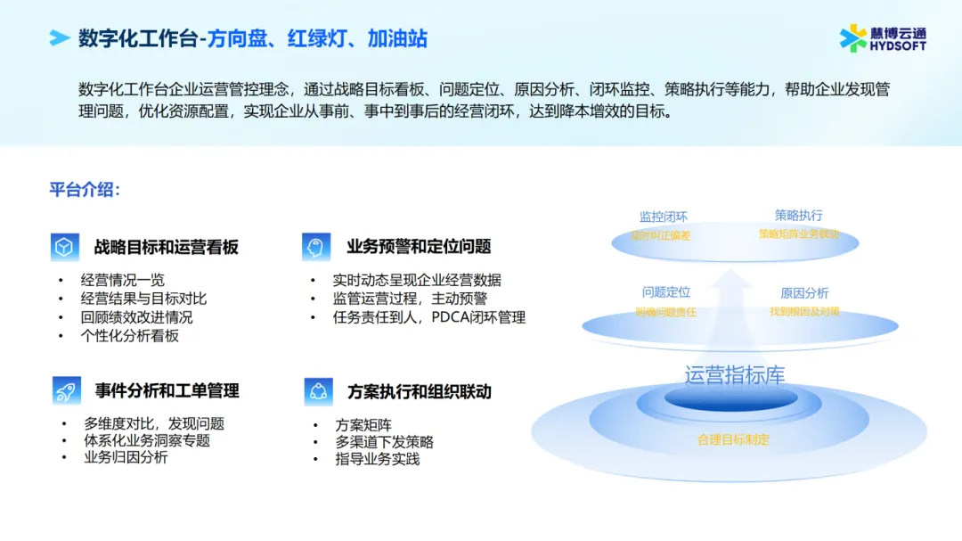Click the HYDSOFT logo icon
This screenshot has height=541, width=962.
pos(853,38)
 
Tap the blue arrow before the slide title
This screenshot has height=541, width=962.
pos(60,38)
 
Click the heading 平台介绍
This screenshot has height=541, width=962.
pos(85,190)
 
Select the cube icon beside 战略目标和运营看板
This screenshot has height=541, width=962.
pos(63,247)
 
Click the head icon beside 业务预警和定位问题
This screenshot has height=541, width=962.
pos(315,247)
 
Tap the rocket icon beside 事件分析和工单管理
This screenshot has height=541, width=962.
pos(63,390)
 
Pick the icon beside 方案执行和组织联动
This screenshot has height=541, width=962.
pos(316,390)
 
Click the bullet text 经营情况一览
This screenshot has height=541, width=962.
pos(122,280)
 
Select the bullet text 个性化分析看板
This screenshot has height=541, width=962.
pos(129,336)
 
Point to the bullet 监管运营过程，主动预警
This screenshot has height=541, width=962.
pos(410,299)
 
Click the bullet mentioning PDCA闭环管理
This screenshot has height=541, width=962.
pos(428,317)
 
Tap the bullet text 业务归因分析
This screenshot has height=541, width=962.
pos(126,457)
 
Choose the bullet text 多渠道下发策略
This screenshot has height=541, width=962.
pos(384,442)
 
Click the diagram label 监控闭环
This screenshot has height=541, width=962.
pos(663,217)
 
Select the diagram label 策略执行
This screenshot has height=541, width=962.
pos(798,215)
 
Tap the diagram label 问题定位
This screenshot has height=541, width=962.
pos(665,292)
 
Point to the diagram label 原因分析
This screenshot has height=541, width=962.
pos(804,292)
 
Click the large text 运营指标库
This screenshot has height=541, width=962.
pos(734,375)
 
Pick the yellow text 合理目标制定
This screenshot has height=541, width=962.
pos(733,440)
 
